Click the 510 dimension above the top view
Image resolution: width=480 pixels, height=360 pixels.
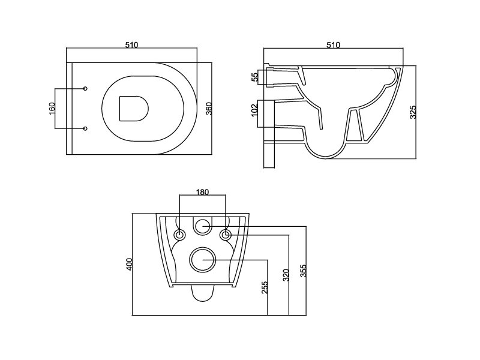(x=131, y=44)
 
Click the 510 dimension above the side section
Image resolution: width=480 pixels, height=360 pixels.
(x=333, y=45)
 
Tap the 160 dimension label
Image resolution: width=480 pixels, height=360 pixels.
(x=52, y=109)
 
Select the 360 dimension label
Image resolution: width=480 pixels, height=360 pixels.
(x=209, y=109)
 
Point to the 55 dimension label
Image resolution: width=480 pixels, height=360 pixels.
(x=254, y=77)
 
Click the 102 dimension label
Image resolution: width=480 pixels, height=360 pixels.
(x=254, y=110)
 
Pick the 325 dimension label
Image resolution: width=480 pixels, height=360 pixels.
(x=413, y=112)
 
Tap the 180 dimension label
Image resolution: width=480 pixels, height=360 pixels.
(x=202, y=192)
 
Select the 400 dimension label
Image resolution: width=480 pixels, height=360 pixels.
(x=129, y=264)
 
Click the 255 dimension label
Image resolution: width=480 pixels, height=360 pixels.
(x=265, y=287)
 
